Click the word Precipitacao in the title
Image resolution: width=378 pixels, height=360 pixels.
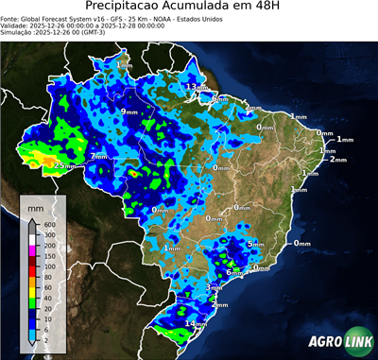[124, 9]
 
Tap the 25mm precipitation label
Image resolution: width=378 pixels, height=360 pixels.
[64, 165]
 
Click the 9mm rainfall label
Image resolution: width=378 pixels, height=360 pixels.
[129, 111]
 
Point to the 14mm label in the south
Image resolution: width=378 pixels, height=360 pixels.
[196, 324]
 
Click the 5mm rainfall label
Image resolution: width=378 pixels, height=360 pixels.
[255, 244]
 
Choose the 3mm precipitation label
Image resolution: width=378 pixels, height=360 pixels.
[214, 287]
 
